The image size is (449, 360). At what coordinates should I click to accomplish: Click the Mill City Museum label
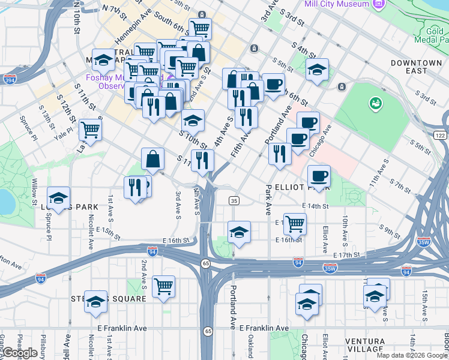pos(336,4)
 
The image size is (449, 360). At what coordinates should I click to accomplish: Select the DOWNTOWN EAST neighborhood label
pos(415,67)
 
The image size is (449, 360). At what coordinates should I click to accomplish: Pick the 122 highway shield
pos(440,136)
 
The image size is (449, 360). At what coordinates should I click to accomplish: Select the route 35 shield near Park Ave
pos(234,200)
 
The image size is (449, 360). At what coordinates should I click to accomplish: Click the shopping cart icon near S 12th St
pos(90,130)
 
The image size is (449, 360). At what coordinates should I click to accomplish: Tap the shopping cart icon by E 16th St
pos(295,224)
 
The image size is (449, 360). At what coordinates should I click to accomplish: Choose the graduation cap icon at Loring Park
pos(59,198)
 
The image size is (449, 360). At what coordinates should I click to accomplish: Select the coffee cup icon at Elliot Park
pos(319,176)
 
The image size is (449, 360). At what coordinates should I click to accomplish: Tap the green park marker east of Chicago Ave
pos(376,103)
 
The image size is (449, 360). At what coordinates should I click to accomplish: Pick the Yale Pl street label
pos(62,133)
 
